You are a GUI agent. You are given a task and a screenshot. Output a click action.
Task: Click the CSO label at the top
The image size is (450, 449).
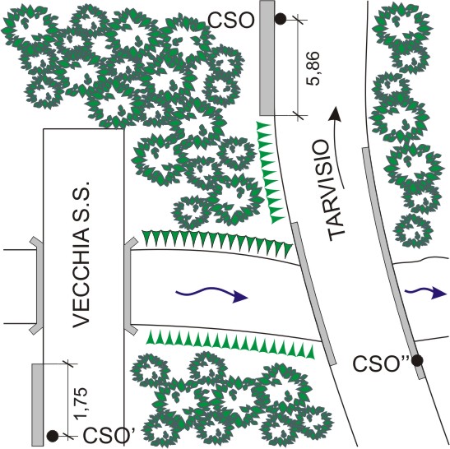point(231,21)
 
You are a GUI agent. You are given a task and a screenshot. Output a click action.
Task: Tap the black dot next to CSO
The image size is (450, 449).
point(281,19)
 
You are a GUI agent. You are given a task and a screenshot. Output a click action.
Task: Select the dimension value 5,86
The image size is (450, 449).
point(313,68)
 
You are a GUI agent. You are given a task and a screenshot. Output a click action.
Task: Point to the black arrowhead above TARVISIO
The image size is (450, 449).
point(336,113)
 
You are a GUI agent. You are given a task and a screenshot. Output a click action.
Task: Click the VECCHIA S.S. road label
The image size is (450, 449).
point(82,254)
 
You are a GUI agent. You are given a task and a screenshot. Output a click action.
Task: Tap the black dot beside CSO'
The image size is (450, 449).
point(53,436)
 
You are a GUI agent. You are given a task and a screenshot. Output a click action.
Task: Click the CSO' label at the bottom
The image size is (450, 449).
point(107,435)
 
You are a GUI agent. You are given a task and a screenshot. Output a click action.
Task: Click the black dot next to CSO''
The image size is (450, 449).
point(417,360)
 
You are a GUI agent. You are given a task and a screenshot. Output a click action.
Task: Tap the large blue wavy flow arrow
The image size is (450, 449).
point(211,294)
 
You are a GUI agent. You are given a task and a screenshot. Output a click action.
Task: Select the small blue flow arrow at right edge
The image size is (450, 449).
point(426,293)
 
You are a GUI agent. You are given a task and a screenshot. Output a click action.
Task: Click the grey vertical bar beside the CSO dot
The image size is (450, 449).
point(267,58)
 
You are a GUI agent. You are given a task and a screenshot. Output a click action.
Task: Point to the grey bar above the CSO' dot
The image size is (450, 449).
point(37,405)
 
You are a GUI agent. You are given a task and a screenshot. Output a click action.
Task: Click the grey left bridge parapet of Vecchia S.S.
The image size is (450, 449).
point(38,285)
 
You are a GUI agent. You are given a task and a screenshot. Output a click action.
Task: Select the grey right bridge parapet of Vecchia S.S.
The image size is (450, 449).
point(129,285)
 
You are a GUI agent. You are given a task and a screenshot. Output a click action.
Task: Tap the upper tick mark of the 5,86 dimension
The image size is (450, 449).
point(298,20)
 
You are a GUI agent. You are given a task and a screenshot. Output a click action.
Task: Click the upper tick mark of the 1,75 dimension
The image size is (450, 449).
point(67,363)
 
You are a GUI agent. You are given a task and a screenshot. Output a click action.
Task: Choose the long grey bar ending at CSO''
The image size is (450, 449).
point(393,263)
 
